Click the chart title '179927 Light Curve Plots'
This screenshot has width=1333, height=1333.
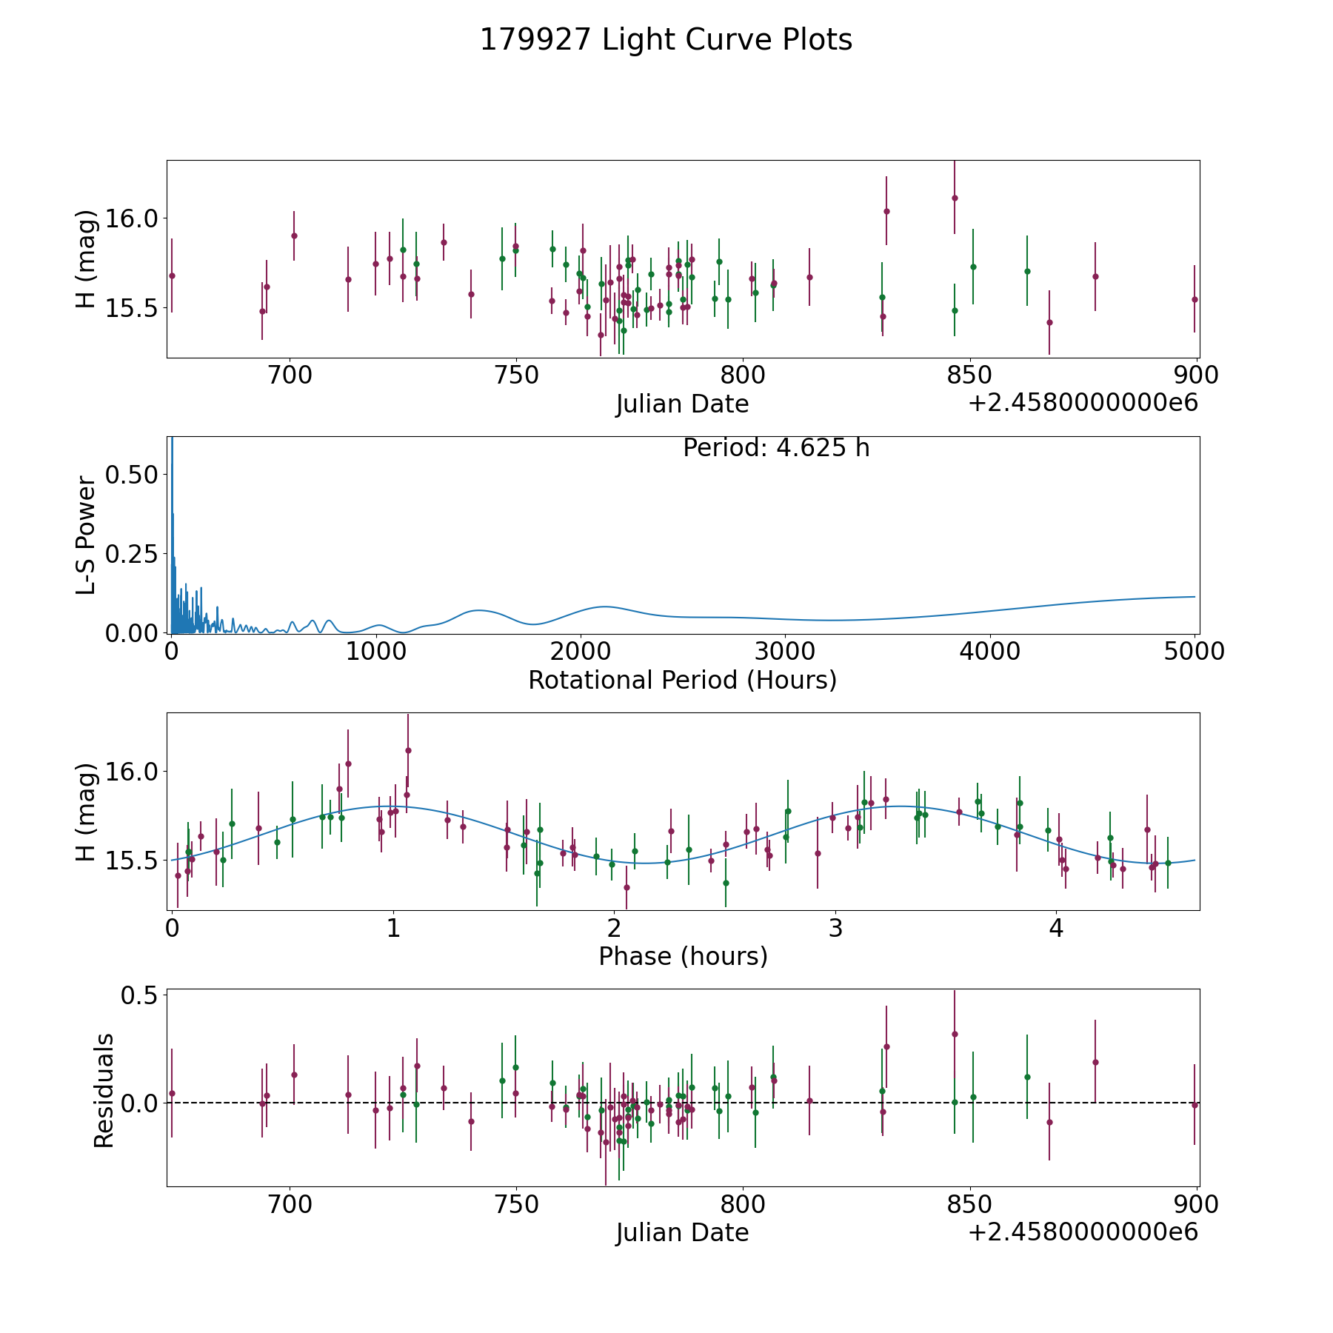click(x=666, y=40)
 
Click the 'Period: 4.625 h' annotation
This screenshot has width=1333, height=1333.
click(x=775, y=448)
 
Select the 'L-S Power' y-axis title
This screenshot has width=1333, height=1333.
click(x=86, y=535)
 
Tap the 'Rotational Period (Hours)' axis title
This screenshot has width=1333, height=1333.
click(x=682, y=680)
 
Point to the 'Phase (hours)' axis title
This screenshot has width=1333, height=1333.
click(x=683, y=956)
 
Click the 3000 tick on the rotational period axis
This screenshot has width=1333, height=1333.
click(x=784, y=651)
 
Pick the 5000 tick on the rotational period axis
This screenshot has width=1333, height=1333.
click(x=1194, y=651)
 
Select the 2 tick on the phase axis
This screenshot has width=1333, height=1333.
click(x=614, y=928)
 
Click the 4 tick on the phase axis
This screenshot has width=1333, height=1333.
click(x=1056, y=928)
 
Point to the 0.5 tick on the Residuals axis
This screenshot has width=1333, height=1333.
click(x=140, y=995)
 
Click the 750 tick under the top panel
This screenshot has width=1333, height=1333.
click(x=515, y=375)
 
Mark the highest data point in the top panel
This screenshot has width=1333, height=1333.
click(x=955, y=198)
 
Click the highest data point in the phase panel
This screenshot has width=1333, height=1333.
click(x=408, y=750)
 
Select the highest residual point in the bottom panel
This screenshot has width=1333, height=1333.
click(x=955, y=1034)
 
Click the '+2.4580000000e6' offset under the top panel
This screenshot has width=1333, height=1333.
click(x=1083, y=404)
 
